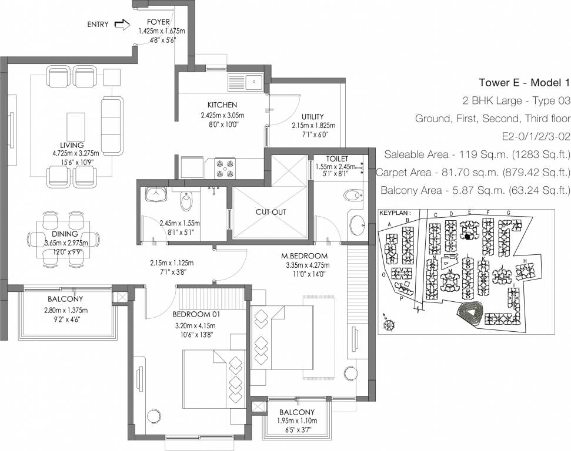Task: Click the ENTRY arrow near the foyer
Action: [121, 25]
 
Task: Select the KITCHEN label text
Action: [218, 105]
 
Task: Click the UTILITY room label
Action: [313, 117]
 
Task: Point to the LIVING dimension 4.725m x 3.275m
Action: [75, 153]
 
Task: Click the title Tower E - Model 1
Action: [524, 82]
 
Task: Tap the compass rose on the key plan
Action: [388, 323]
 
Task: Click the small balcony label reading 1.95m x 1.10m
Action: [296, 420]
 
